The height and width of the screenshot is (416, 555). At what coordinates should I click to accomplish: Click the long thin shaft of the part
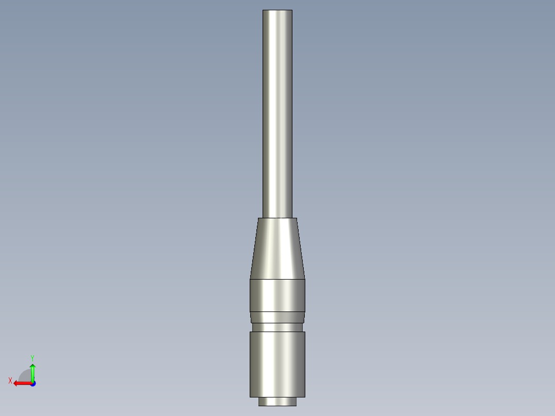coord(277,113)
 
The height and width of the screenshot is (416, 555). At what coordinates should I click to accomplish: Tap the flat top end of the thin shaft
coord(277,11)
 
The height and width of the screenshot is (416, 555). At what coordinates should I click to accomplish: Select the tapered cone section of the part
coord(277,249)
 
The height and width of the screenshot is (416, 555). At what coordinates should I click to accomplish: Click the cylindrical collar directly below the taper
coord(277,295)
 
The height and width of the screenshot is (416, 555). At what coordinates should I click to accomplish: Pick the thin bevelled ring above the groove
coord(277,317)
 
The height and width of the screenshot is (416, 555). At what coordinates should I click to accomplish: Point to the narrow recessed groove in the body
coord(277,327)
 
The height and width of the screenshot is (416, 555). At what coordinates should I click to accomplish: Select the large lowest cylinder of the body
coord(277,364)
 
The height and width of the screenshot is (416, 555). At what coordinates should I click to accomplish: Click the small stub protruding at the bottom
coord(277,402)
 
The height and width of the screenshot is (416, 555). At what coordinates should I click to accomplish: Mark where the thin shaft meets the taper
coord(277,218)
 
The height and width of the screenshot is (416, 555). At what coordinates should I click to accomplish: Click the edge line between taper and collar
coord(277,279)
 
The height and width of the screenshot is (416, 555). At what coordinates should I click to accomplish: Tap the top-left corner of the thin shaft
coord(263,10)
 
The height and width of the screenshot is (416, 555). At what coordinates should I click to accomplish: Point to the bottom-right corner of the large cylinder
coord(305,397)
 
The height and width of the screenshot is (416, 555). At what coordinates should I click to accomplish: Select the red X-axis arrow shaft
coord(24,383)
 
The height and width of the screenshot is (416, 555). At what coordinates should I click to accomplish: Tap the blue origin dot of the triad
coord(32,383)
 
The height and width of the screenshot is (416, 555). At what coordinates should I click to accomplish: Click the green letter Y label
coord(32,357)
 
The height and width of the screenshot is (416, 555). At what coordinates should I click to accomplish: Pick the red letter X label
coord(10,380)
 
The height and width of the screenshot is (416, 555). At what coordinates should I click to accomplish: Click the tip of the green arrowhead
coord(32,364)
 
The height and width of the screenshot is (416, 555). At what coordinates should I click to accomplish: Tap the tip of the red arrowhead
coord(14,383)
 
